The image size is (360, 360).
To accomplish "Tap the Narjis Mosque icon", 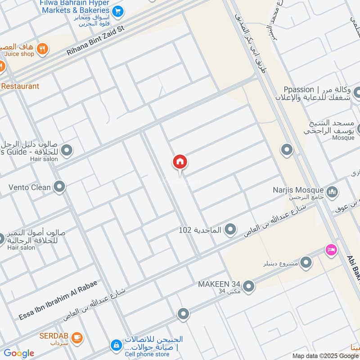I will click(332, 192).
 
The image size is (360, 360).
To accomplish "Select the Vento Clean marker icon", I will click(59, 186).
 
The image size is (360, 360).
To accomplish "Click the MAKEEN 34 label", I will click(219, 284).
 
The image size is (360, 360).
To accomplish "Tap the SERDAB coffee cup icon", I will click(77, 336).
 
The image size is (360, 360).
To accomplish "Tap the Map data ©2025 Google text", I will click(325, 355).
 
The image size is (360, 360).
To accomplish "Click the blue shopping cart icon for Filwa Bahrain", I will click(118, 11).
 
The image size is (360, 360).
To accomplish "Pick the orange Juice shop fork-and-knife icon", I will click(42, 49).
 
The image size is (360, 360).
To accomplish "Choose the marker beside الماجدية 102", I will click(230, 230).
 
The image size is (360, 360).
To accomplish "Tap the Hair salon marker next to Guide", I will click(67, 150).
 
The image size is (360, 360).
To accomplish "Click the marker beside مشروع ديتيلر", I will click(306, 262).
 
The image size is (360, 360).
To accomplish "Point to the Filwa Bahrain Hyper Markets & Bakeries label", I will click(75, 6).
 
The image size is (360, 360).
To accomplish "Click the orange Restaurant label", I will click(20, 86).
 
